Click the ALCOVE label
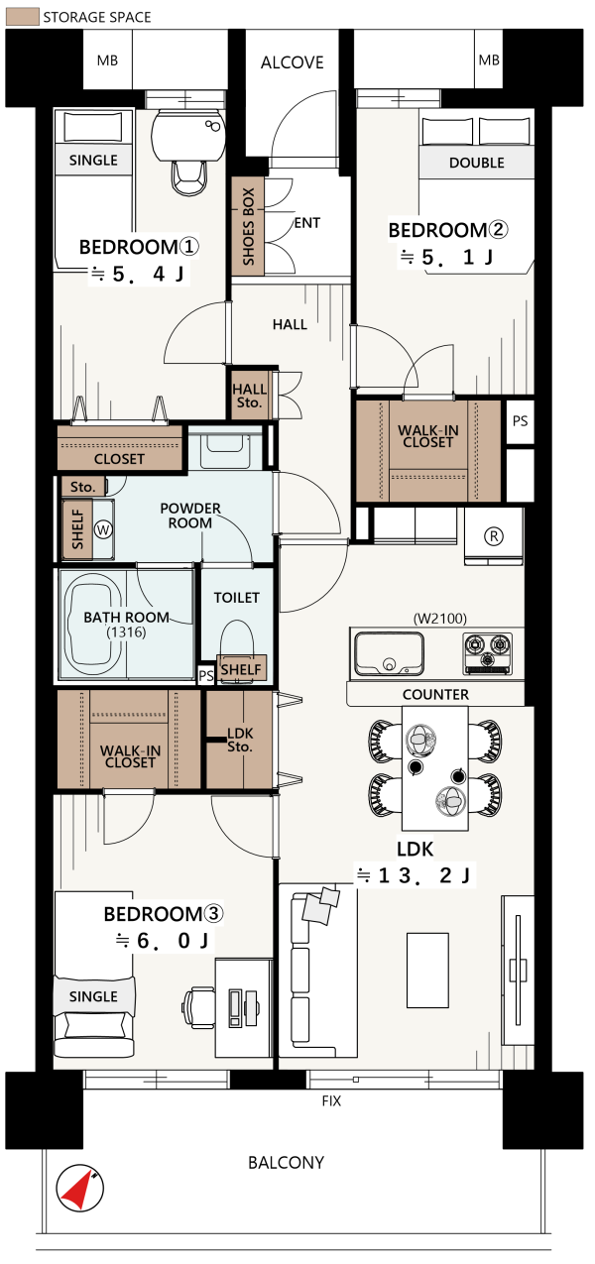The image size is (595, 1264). (292, 62)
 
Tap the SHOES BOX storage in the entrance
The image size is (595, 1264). (247, 226)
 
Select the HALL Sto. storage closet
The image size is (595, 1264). (250, 395)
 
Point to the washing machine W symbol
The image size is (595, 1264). (103, 529)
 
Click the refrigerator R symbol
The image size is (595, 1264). (494, 536)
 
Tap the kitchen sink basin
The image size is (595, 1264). (389, 653)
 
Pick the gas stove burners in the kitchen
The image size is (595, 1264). (488, 653)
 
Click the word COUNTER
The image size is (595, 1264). (435, 694)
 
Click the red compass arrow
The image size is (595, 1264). (78, 1188)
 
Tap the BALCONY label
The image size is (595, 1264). (287, 1163)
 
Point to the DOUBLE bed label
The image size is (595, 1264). (476, 163)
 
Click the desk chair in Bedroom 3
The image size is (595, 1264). (198, 1007)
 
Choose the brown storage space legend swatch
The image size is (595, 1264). (22, 17)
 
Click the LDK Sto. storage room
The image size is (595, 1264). (240, 740)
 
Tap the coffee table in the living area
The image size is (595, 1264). (427, 970)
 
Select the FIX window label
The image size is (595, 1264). (331, 1100)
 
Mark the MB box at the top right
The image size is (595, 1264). (488, 59)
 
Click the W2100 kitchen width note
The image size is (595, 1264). (440, 619)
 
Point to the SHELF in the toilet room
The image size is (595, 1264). (241, 669)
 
